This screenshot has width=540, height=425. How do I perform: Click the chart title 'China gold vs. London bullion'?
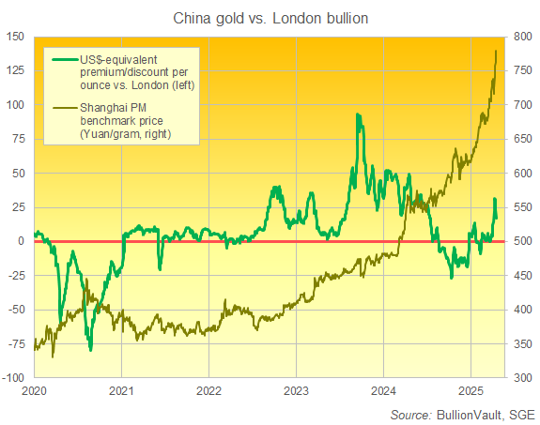tap(270, 17)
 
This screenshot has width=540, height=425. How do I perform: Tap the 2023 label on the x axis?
tap(296, 389)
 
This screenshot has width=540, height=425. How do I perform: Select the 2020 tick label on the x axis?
tap(34, 389)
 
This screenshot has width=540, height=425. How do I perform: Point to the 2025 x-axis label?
tap(471, 389)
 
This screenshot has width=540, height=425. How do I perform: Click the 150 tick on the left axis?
tap(17, 37)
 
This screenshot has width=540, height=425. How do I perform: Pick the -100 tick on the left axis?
tap(14, 378)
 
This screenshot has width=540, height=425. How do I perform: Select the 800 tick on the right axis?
tap(523, 37)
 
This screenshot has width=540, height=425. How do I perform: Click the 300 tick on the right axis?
tap(523, 378)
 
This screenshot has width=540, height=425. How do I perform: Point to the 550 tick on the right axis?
tap(523, 207)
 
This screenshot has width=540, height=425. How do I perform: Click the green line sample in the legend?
tap(62, 59)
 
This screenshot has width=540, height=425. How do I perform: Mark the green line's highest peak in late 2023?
tap(358, 114)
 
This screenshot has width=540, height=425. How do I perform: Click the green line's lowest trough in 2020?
tap(90, 350)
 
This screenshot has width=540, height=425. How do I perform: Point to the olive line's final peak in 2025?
tap(496, 50)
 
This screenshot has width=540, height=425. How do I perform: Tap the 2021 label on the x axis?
tap(121, 389)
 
